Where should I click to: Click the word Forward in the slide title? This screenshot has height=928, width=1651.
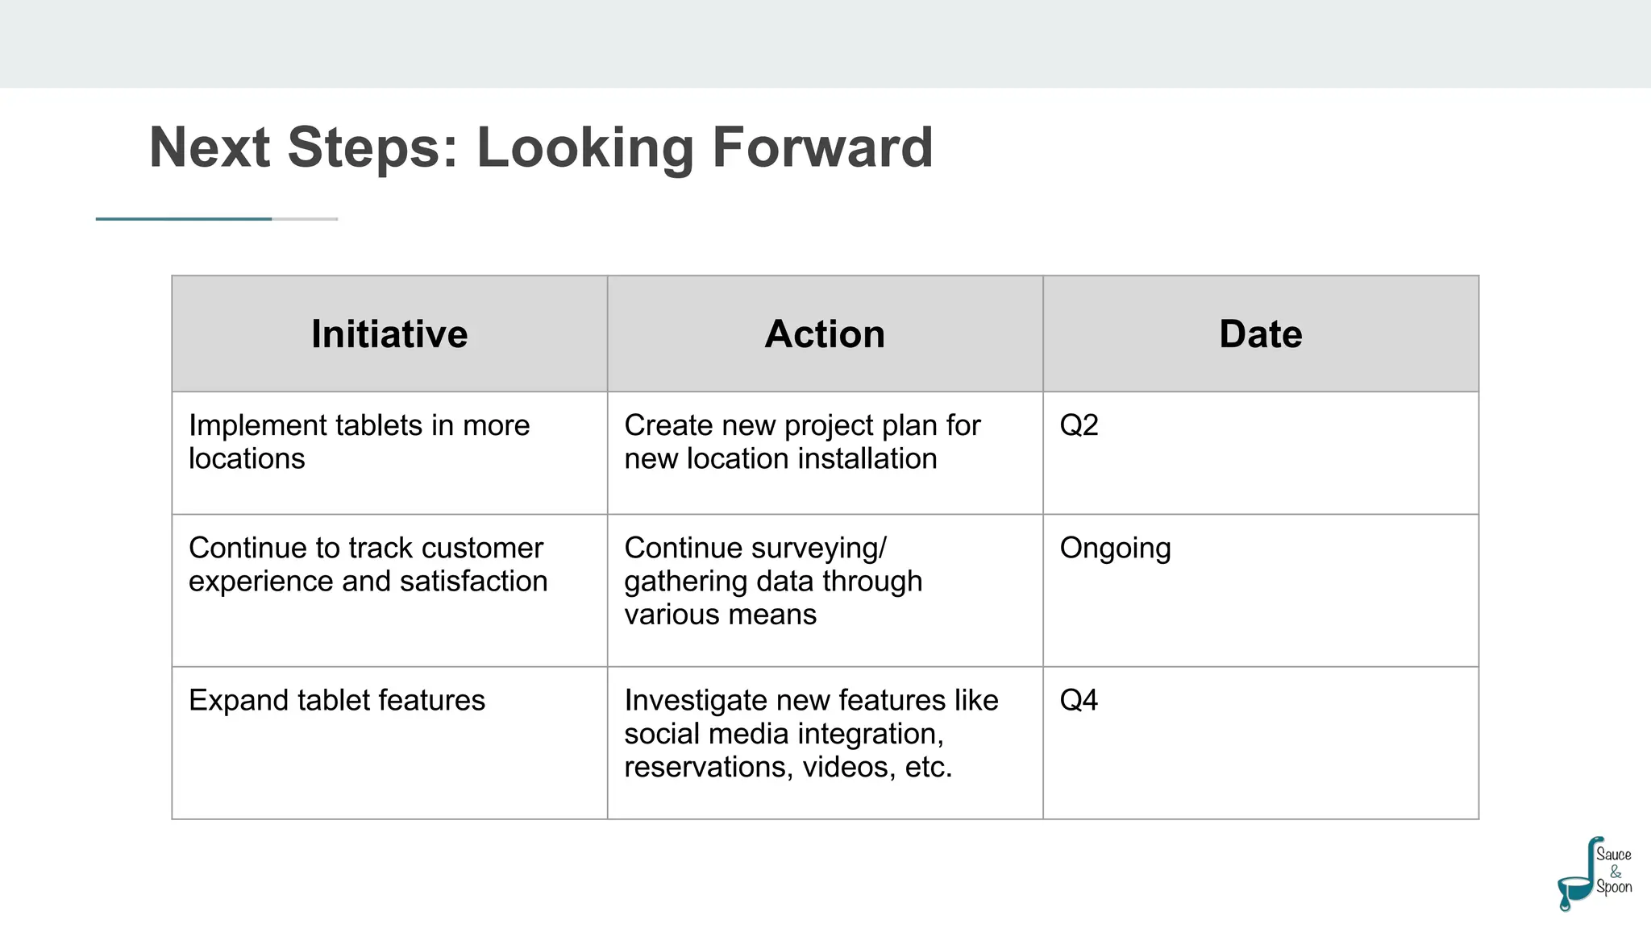click(x=822, y=147)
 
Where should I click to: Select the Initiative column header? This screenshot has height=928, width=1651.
click(x=389, y=334)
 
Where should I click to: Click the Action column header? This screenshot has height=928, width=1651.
click(x=825, y=334)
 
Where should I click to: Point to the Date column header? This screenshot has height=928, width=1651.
click(x=1260, y=334)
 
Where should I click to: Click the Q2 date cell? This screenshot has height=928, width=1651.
click(x=1079, y=425)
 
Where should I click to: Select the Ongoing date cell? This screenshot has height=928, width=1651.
click(x=1115, y=549)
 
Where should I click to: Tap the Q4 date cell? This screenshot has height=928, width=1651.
click(x=1079, y=700)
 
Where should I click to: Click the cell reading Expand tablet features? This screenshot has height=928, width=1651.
click(x=337, y=700)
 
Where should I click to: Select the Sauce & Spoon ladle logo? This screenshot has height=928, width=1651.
click(x=1594, y=874)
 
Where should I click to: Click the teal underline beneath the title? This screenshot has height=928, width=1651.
click(x=184, y=218)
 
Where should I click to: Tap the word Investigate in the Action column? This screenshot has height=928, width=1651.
click(x=695, y=700)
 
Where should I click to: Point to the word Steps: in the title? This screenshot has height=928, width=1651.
click(x=372, y=147)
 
